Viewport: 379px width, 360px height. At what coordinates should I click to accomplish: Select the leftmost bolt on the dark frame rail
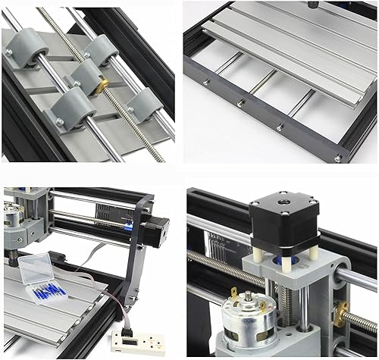pyautogui.click(x=241, y=102)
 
